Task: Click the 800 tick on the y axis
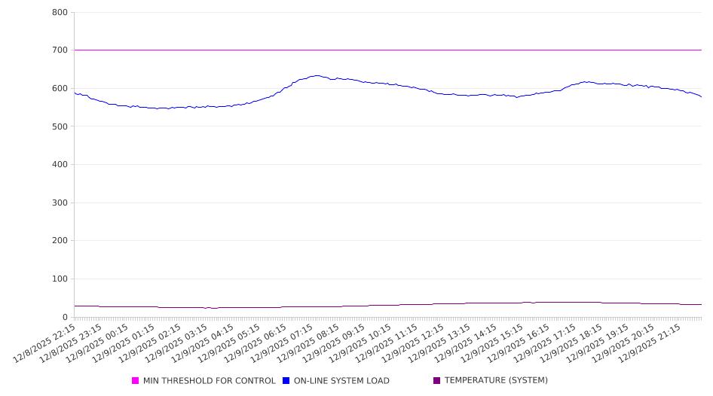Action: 60,13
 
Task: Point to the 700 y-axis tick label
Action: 60,50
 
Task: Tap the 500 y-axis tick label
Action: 60,126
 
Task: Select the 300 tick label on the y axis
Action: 60,203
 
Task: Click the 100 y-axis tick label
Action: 60,279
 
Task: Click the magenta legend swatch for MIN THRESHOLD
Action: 136,381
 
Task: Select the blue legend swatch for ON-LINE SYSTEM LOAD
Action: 286,381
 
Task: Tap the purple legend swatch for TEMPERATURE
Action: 437,381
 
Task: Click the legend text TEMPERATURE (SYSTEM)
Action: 496,381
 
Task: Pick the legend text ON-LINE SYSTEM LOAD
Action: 341,381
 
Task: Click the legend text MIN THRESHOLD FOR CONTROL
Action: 209,381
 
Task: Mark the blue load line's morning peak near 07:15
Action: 317,75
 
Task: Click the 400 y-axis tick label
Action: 60,165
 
